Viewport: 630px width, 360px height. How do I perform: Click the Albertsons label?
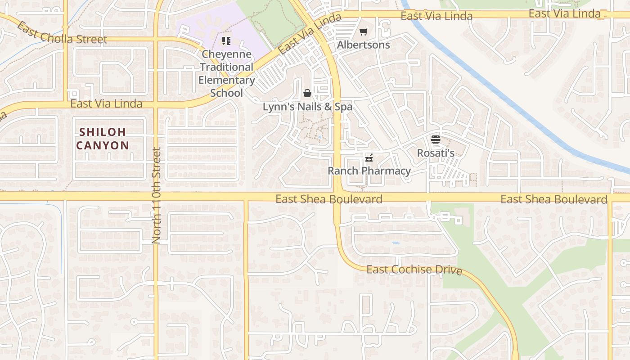pyautogui.click(x=363, y=45)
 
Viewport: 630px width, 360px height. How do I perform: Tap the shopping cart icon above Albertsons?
pyautogui.click(x=363, y=31)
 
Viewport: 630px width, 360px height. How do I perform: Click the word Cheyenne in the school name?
pyautogui.click(x=226, y=54)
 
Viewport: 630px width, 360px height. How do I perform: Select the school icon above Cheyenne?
pyautogui.click(x=226, y=41)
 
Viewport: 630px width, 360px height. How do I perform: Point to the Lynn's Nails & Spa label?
pyautogui.click(x=307, y=107)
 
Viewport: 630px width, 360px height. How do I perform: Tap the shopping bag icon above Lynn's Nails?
pyautogui.click(x=307, y=93)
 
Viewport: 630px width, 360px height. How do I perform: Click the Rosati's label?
pyautogui.click(x=435, y=153)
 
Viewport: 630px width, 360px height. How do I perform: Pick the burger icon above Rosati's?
pyautogui.click(x=435, y=139)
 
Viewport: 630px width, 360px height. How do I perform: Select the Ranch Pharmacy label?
pyautogui.click(x=369, y=171)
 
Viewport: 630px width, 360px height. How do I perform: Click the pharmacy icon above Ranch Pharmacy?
pyautogui.click(x=369, y=158)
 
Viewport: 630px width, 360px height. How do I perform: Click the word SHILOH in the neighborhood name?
pyautogui.click(x=103, y=132)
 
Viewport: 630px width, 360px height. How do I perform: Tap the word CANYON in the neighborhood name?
pyautogui.click(x=103, y=145)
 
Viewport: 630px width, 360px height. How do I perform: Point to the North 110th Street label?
pyautogui.click(x=156, y=196)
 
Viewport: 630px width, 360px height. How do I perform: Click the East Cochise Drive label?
pyautogui.click(x=414, y=270)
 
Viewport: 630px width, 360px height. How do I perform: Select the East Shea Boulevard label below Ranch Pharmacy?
pyautogui.click(x=329, y=199)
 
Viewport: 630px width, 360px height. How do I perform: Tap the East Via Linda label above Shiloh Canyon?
pyautogui.click(x=106, y=104)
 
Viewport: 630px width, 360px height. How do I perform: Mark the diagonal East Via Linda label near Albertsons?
pyautogui.click(x=310, y=34)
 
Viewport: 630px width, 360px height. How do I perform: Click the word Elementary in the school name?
pyautogui.click(x=226, y=80)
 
